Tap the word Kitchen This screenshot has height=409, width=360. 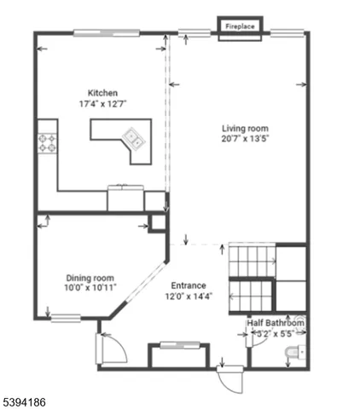click(x=102, y=93)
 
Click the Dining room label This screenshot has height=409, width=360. click(x=90, y=277)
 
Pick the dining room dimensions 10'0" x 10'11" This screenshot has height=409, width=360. click(x=90, y=288)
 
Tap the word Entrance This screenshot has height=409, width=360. click(x=189, y=285)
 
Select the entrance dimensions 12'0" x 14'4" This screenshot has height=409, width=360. click(x=189, y=297)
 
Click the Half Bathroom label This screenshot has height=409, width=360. click(x=276, y=323)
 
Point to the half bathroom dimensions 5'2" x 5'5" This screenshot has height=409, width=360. click(x=276, y=334)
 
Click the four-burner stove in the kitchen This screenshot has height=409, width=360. click(x=47, y=143)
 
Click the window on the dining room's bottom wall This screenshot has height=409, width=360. click(x=66, y=319)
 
